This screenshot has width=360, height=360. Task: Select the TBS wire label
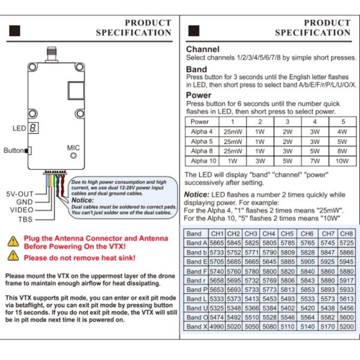[26, 220]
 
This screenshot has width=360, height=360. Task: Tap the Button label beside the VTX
[14, 151]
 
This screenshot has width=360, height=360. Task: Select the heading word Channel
[202, 49]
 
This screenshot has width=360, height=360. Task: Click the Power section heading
[198, 95]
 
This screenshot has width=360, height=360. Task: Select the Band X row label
[197, 326]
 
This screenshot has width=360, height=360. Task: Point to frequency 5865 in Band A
[217, 242]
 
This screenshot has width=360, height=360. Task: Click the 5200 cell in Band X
[346, 326]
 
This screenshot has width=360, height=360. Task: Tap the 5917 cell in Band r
[346, 280]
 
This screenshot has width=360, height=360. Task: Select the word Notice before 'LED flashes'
[196, 194]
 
